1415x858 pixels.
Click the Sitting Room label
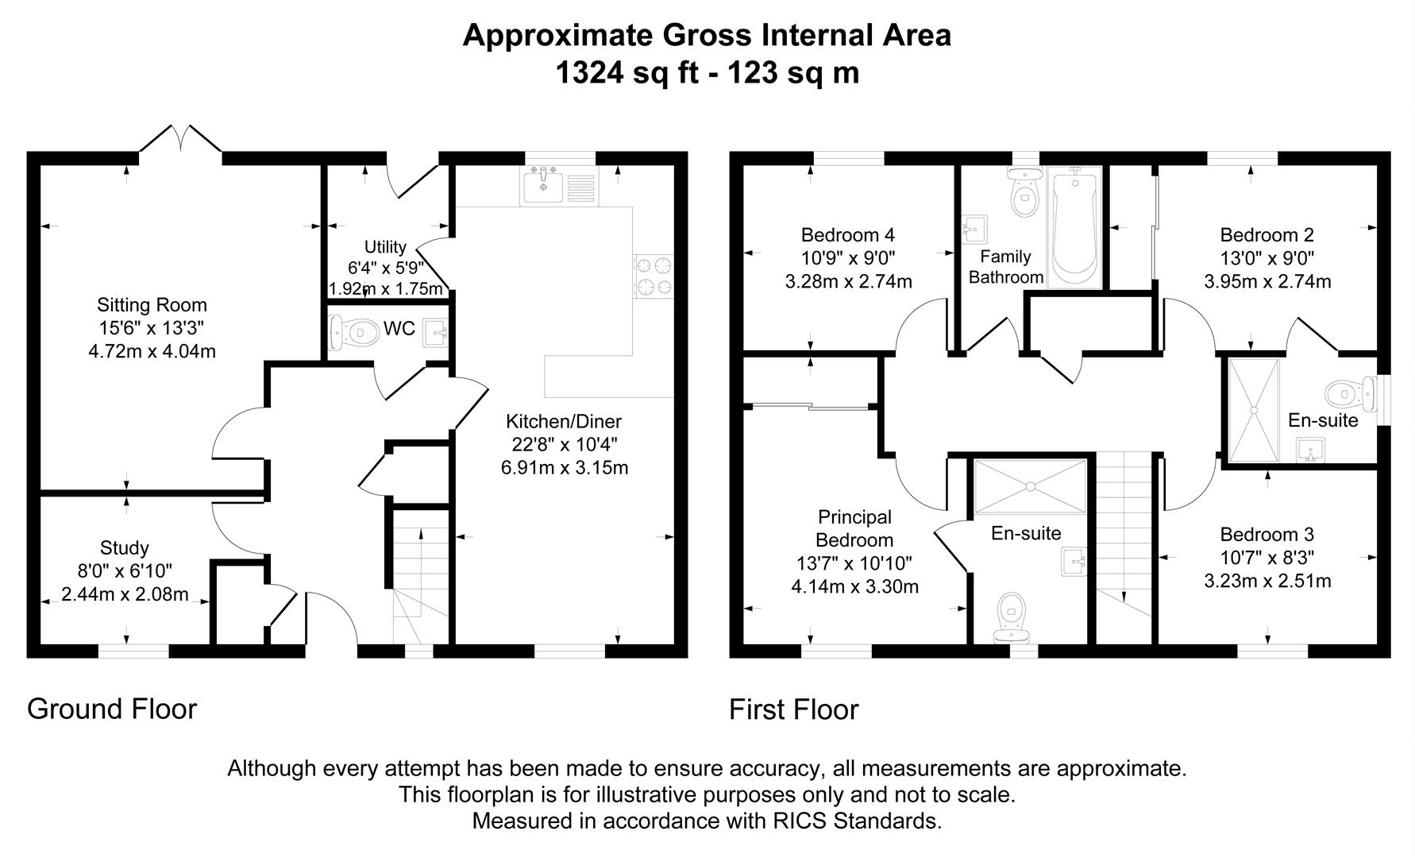(x=152, y=305)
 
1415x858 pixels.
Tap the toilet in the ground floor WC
(x=354, y=333)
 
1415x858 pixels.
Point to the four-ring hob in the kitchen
(x=653, y=276)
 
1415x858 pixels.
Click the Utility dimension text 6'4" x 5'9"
(x=385, y=268)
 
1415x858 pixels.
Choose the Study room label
(x=124, y=548)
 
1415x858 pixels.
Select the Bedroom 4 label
(x=847, y=235)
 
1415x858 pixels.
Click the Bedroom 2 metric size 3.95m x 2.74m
(x=1267, y=281)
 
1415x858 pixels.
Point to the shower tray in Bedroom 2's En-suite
(x=1254, y=410)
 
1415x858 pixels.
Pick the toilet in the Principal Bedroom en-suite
(x=1012, y=616)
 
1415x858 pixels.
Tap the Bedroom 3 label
(x=1267, y=535)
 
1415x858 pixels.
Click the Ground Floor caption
(x=112, y=709)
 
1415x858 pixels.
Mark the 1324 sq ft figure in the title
(x=627, y=73)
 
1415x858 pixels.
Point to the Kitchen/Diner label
(x=564, y=422)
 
